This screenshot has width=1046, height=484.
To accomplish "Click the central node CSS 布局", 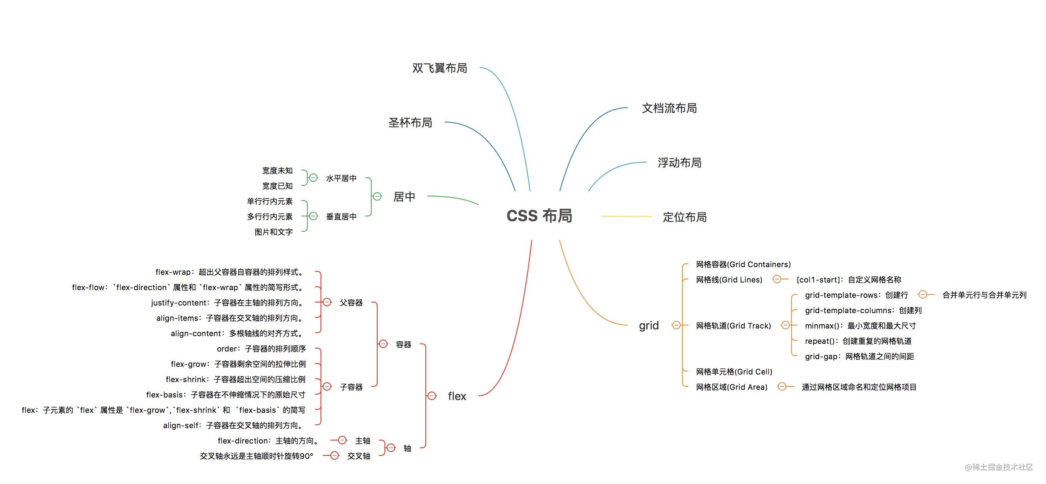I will point(539,216).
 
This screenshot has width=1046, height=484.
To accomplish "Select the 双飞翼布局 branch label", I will point(439,68).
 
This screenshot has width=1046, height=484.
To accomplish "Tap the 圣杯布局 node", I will point(410,123).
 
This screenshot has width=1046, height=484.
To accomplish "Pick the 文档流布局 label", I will point(669,108).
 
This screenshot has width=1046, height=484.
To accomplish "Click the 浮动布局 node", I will point(679,163).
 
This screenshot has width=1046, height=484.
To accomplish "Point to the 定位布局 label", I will point(685,217).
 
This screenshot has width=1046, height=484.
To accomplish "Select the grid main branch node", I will point(649,326).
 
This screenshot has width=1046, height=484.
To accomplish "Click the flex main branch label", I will point(457,396).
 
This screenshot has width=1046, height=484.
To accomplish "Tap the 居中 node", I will point(404,197).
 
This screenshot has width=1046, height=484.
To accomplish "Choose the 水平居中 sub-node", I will point(341,179).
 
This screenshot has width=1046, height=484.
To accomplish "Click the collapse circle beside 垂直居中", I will point(313,216).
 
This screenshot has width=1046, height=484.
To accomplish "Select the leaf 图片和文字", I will point(273,232).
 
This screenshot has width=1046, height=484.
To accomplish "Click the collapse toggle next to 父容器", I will point(327,302).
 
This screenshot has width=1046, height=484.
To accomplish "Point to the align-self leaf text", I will point(234,426).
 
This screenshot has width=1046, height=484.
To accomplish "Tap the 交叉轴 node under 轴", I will point(358,456).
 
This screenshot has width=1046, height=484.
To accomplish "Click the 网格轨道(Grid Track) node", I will point(733,326).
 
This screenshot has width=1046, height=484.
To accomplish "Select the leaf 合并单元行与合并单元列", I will point(984,295).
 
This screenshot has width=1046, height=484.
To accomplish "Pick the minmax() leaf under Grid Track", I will point(860,326).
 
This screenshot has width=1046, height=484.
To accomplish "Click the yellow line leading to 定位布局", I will point(626,216).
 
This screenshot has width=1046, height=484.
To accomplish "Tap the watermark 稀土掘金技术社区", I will point(999,467).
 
